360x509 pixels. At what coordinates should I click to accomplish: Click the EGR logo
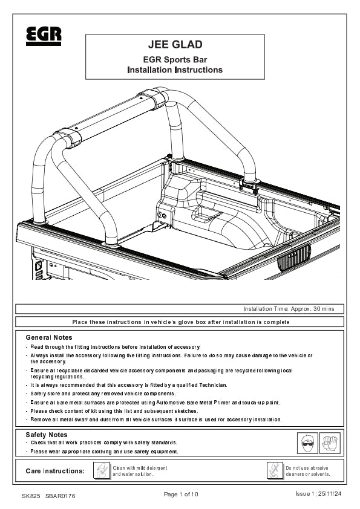pos(44,36)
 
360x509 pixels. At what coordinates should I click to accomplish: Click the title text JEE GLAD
pos(175,45)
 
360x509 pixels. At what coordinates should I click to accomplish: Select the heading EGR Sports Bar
pos(175,60)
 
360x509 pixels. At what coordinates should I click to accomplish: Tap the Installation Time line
pos(289,309)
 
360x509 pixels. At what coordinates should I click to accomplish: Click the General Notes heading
pos(49,337)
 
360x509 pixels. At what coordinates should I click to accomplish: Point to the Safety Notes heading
pos(47,435)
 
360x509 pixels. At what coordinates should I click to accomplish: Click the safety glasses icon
pos(307,443)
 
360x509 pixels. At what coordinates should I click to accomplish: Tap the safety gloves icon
pos(330,443)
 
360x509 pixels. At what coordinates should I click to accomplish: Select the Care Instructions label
pos(55,471)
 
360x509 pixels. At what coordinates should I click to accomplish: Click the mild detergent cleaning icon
pos(102,470)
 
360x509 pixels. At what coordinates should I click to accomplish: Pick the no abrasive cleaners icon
pos(275,470)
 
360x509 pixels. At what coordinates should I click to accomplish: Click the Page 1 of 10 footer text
pos(181,494)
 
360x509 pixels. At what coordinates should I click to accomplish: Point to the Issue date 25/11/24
pos(330,494)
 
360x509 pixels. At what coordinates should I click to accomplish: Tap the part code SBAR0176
pos(61,496)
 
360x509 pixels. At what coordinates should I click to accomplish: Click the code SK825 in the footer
pos(31,496)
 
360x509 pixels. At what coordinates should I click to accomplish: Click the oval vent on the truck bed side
pos(294,258)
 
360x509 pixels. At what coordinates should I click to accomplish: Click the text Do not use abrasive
pos(307,468)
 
